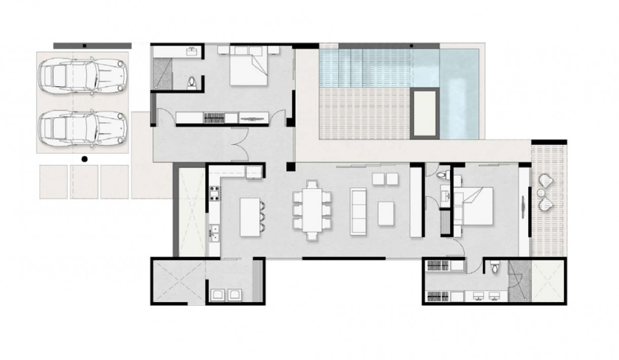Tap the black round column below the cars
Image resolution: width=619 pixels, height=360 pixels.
click(84, 159)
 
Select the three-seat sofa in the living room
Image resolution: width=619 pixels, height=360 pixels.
click(359, 210)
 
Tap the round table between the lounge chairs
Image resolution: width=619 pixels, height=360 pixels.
click(541, 193)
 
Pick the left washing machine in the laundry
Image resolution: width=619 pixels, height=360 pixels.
click(219, 295)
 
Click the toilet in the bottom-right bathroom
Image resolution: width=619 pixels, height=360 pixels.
click(495, 268)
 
